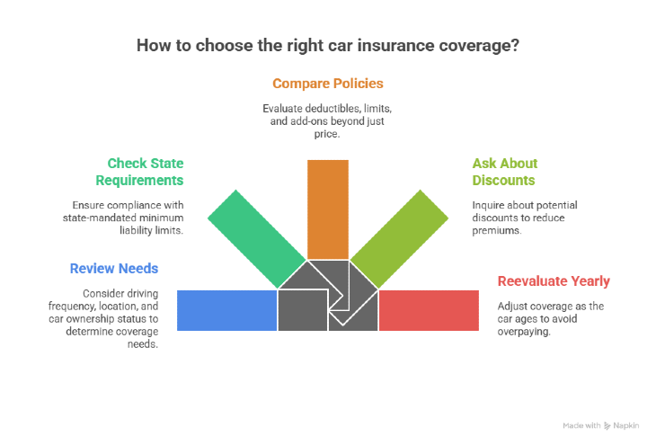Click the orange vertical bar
(327, 209)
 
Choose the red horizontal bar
(429, 310)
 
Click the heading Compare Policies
(328, 84)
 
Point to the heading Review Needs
(114, 268)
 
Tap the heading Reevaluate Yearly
(554, 281)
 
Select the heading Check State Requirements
(146, 171)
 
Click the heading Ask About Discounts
(505, 171)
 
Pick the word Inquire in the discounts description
(491, 205)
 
